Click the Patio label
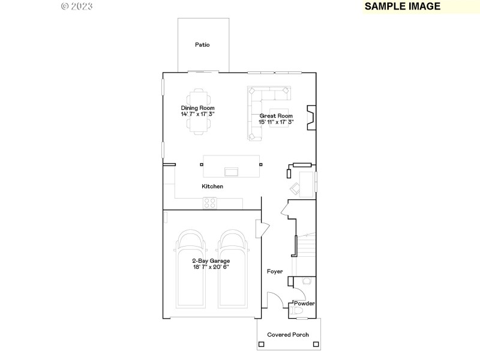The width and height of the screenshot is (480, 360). click(202, 44)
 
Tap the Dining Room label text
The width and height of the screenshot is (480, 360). click(197, 111)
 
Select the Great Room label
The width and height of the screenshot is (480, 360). click(276, 119)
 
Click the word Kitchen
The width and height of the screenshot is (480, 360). click(212, 187)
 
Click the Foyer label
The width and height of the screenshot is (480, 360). click(275, 272)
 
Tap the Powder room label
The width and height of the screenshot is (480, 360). click(304, 304)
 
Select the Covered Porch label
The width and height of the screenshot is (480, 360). click(288, 335)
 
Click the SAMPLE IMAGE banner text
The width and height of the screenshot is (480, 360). click(403, 7)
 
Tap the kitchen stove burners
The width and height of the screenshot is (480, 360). click(209, 203)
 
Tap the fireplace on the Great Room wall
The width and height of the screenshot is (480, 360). click(311, 118)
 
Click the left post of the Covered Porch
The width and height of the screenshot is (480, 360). click(262, 344)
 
